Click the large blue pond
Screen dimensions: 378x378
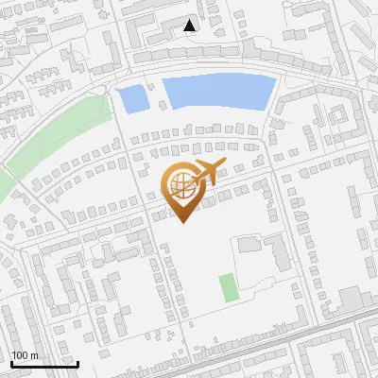218,93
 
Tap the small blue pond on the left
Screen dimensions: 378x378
131,97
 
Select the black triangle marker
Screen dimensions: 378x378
190,26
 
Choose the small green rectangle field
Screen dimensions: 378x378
227,287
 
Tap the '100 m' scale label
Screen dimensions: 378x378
25,355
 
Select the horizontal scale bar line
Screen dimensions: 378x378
44,364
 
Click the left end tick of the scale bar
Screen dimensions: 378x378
11,362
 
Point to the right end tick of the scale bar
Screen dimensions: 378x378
77,362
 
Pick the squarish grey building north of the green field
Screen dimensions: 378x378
249,245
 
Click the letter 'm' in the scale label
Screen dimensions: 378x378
34,355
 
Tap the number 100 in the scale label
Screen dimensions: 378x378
20,355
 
